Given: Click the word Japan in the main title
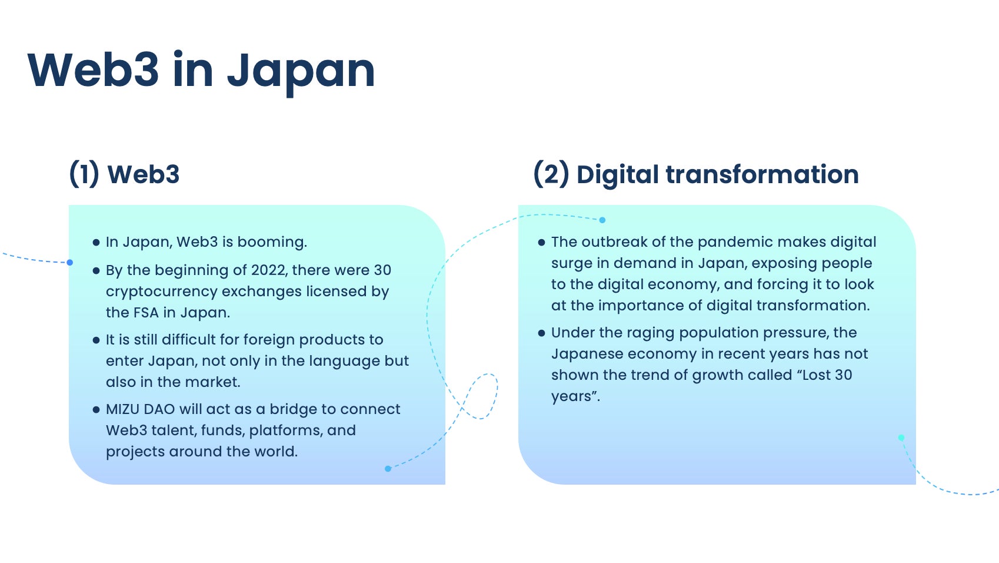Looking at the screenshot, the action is coord(301,71).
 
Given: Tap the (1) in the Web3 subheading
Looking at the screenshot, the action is coord(84,174).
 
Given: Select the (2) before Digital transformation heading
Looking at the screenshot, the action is coord(551,174).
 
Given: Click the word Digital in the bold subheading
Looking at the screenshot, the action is coord(618,175).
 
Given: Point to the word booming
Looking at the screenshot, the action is coord(272,243).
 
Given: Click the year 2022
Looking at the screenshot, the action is coord(269,270).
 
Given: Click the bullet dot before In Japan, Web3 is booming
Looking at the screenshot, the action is coord(96,243).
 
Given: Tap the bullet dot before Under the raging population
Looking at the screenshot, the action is coord(541,333).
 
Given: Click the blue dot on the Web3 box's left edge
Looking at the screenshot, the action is coord(69,263).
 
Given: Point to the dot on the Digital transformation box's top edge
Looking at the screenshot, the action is coord(602,220).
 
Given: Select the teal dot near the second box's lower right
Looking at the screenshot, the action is coord(901,438).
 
